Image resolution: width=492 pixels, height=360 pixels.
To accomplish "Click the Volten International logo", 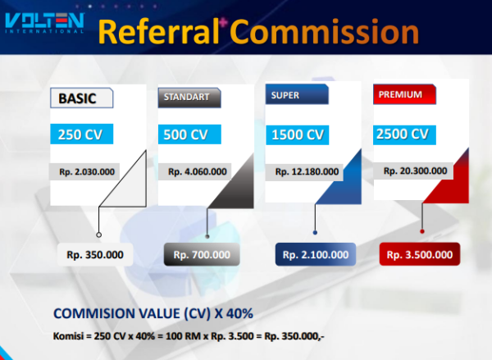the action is pos(44,23).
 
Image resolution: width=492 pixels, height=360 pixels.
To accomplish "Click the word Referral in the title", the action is pos(158,31).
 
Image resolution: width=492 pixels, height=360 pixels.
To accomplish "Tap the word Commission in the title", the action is pos(325,31).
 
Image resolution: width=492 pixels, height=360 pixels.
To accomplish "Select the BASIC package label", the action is pos(81,98).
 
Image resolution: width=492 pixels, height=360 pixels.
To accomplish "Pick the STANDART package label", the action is pos(189,98).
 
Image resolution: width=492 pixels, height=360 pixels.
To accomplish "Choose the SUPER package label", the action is pos(297,94).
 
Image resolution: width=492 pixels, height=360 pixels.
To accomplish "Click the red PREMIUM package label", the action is pos(404,94).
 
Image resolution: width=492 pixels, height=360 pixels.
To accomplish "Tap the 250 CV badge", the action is pos(81,134).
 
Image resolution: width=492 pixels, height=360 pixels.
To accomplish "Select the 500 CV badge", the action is pos(189,134).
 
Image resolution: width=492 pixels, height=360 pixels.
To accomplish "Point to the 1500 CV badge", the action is pos(298,135).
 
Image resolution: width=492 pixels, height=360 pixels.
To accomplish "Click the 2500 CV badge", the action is pos(404,134).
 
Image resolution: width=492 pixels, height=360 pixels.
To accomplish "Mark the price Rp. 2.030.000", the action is pos(87,171).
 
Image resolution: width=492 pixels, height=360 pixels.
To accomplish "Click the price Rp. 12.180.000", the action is pos(307,171).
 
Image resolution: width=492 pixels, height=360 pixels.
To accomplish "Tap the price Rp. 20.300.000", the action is pos(415,171).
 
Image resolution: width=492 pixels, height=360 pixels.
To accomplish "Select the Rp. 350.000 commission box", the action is pos(95,254).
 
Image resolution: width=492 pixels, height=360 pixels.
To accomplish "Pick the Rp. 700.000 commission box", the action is pos(202,254).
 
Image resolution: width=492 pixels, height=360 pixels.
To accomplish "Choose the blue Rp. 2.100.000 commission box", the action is pos(316,254).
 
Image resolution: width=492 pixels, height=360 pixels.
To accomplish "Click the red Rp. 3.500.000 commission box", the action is pos(420,254).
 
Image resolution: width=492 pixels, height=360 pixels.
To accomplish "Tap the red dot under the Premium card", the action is pos(422,231).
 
